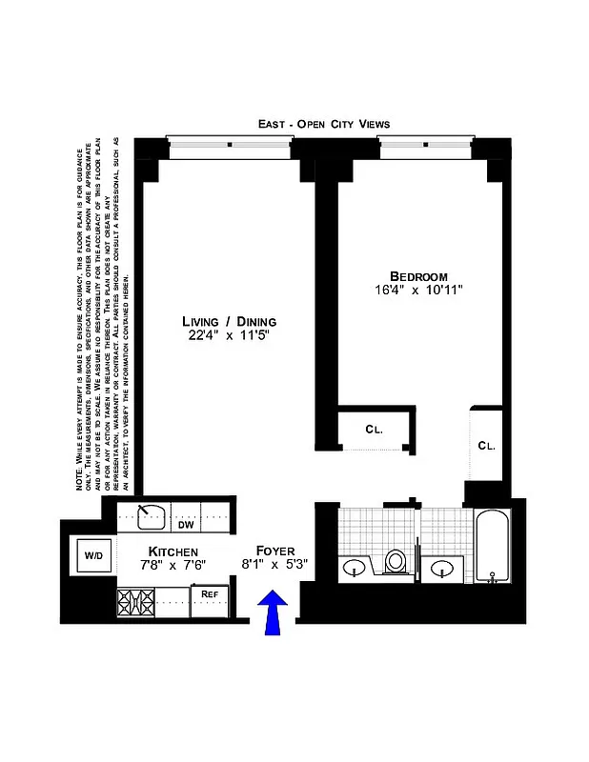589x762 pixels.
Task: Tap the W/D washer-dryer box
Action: tap(92, 555)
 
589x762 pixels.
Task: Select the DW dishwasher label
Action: tap(186, 523)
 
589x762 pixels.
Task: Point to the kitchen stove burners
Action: tap(135, 601)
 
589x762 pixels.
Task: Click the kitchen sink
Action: tap(147, 517)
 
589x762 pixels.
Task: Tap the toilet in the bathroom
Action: tap(396, 562)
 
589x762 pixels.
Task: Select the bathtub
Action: tap(493, 548)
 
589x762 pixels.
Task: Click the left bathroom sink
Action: tap(355, 570)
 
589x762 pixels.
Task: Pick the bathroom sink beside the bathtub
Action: tap(442, 570)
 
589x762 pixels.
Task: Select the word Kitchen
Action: tap(173, 551)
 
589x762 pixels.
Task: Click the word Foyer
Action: tap(275, 551)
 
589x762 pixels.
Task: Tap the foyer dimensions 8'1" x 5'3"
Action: tap(275, 565)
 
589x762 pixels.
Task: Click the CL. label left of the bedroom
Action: tap(374, 430)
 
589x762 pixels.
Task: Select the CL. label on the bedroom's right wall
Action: tap(486, 445)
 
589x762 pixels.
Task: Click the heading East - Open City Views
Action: tap(324, 124)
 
